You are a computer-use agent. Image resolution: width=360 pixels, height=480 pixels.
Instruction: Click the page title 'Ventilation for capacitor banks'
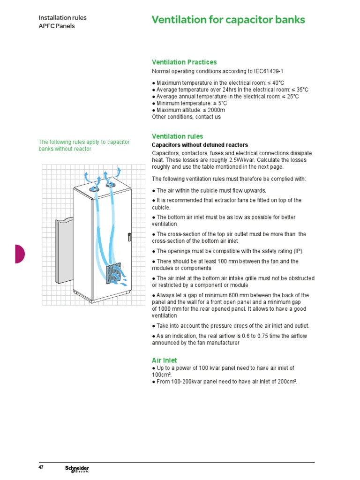(x=228, y=20)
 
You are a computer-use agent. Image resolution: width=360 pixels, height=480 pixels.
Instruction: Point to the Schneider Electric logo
(x=77, y=469)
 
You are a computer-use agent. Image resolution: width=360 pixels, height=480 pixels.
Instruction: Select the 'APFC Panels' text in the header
(x=56, y=26)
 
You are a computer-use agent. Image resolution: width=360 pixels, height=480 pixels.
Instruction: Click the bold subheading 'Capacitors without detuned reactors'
(x=200, y=145)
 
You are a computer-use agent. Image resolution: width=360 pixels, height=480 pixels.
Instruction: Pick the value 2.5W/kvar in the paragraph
(x=239, y=160)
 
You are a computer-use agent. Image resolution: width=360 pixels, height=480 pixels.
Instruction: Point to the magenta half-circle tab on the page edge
(x=19, y=254)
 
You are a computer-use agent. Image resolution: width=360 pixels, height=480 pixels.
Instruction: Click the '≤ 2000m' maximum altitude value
(x=209, y=110)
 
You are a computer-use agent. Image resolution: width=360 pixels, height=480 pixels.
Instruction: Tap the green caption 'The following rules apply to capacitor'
(x=84, y=142)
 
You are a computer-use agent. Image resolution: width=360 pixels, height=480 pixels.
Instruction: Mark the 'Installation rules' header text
(x=62, y=18)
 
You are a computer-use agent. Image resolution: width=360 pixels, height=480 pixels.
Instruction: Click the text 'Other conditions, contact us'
(x=186, y=117)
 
